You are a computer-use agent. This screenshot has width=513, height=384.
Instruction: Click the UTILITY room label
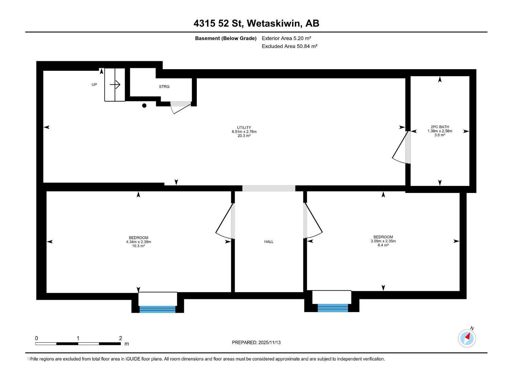coord(244,127)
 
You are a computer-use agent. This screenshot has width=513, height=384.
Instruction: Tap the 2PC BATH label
coord(440,127)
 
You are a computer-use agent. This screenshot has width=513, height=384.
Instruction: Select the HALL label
coord(269,242)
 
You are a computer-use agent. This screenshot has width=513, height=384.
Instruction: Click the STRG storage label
coord(164,87)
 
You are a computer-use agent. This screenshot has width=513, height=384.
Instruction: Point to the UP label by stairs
coord(94,84)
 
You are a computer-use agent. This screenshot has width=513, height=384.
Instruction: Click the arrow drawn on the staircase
coord(115,84)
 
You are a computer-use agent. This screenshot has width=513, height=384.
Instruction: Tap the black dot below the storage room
coord(144,106)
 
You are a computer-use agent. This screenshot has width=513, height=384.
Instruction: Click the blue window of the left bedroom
coord(157,309)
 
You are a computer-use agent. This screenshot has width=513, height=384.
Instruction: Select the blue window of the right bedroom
coord(333,308)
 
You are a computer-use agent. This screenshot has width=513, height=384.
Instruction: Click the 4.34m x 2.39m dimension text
coord(139,242)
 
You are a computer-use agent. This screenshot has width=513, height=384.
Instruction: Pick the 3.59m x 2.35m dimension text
coord(383,241)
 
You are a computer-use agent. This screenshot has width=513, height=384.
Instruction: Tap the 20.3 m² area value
coord(244,136)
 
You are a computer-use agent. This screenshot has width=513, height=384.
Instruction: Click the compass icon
coord(467,338)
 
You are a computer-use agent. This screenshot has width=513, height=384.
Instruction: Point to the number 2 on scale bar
coord(121,338)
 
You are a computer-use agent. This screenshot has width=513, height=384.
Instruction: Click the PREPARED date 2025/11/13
coord(269,342)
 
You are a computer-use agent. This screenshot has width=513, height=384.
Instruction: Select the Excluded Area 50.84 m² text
coord(289,46)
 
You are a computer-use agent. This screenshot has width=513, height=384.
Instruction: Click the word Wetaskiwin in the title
coord(274,23)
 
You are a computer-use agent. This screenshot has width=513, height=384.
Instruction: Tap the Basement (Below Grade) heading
coord(226,38)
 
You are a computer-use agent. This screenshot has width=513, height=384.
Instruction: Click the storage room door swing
coord(180,107)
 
